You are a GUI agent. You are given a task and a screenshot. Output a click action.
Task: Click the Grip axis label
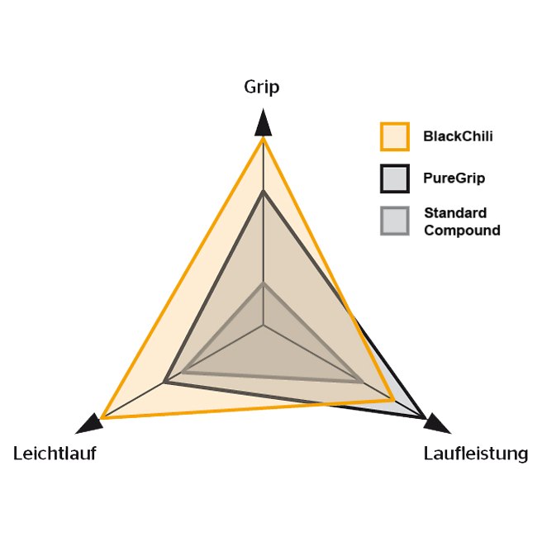262,87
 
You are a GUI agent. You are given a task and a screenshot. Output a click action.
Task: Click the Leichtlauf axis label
55,453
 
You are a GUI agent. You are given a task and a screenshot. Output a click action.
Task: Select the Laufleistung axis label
476,454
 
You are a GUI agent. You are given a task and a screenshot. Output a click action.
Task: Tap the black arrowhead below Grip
263,122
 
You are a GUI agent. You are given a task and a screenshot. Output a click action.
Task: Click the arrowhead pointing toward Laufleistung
437,423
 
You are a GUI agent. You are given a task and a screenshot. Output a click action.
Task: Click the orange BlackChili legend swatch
395,136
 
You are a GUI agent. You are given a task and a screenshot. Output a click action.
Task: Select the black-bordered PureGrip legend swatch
395,178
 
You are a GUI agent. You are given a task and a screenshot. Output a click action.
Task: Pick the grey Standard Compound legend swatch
395,221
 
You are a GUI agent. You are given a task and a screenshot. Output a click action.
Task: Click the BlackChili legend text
458,136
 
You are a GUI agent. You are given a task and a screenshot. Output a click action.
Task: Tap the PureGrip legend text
454,178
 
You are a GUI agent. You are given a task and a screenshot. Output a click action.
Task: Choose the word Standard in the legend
455,213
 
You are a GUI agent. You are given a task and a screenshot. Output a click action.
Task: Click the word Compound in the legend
462,231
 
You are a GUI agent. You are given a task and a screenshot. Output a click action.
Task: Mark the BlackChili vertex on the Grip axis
263,138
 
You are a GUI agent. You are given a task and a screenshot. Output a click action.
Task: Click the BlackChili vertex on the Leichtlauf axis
102,417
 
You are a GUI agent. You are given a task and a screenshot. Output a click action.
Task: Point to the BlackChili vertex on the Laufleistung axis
393,400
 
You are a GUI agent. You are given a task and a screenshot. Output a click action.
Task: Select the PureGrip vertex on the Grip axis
264,192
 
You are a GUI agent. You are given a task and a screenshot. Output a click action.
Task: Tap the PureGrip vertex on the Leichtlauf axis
165,382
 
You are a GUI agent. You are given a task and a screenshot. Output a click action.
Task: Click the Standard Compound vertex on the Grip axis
264,284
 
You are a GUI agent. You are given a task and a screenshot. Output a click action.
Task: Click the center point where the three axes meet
264,326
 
